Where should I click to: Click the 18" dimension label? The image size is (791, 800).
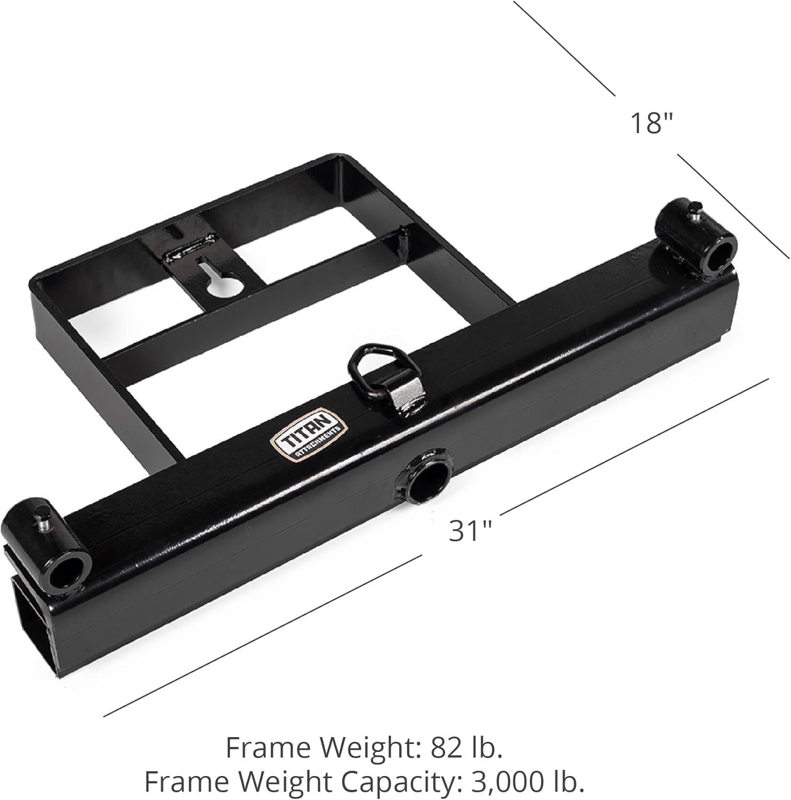tap(652, 123)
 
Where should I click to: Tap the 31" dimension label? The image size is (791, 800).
tap(470, 531)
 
